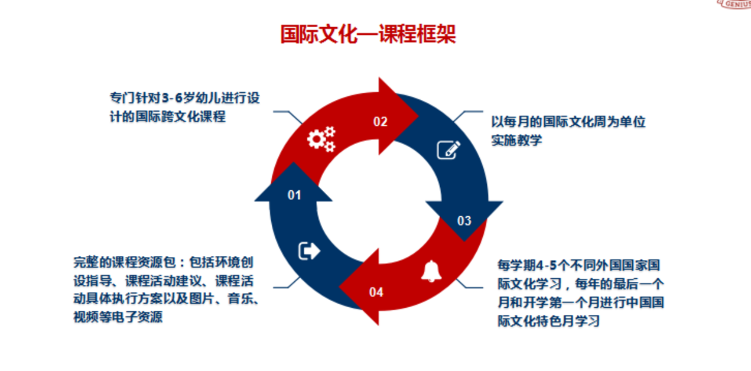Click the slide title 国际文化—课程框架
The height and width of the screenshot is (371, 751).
[368, 34]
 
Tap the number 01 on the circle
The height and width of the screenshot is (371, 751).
[294, 195]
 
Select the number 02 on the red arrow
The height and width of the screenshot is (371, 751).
[380, 122]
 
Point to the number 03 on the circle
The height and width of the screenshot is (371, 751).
[464, 220]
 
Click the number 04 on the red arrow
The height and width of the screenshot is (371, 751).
[376, 292]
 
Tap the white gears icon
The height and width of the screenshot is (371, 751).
[321, 139]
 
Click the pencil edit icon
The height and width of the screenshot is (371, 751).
[448, 150]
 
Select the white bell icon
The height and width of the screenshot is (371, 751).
[431, 271]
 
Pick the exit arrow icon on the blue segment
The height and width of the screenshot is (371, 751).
[309, 251]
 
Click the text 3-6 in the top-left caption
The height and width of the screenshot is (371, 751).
[173, 98]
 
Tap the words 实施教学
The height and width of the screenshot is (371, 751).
[516, 140]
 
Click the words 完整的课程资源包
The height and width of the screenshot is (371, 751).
[125, 262]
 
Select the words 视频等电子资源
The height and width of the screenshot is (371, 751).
[118, 317]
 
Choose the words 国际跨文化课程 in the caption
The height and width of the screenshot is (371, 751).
[180, 116]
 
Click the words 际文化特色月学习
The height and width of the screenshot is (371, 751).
[549, 321]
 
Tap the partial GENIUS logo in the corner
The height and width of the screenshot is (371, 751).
[734, 5]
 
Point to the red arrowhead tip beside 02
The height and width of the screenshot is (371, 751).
[418, 116]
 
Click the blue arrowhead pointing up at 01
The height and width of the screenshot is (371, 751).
[293, 182]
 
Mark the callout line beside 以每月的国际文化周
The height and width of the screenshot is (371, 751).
[468, 116]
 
